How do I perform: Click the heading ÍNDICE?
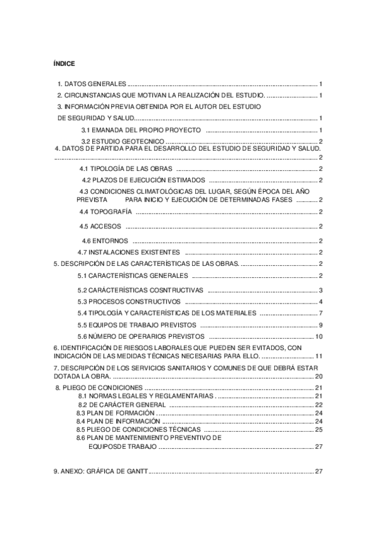coord(64,63)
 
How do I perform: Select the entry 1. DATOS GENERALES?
coord(92,84)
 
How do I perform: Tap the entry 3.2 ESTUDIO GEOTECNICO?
coord(123,141)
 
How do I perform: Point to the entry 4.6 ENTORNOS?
coord(105,241)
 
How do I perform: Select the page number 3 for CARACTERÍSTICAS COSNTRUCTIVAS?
coord(320,290)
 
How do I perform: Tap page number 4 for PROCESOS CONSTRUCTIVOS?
coord(320,302)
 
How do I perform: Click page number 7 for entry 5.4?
coord(320,313)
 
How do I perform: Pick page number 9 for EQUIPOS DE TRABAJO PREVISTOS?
coord(320,325)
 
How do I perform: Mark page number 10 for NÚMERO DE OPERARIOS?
coord(318,337)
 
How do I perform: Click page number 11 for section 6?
coord(318,356)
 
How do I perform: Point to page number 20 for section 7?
coord(318,376)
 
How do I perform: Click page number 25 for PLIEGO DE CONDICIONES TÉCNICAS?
coord(318,429)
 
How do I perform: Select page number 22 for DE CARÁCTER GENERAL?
coord(318,405)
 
